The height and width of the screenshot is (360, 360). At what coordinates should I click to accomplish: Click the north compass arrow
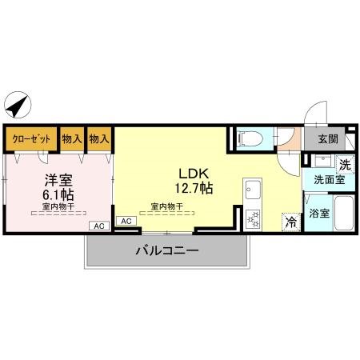(x=17, y=105)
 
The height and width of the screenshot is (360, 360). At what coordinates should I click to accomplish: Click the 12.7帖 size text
(x=194, y=189)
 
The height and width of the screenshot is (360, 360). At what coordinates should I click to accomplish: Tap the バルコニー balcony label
(x=166, y=250)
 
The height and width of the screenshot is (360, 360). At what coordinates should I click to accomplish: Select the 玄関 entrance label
(x=327, y=138)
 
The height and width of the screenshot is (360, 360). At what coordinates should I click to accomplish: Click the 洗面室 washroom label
(x=327, y=180)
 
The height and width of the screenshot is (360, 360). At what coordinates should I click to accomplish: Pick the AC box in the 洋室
(x=99, y=226)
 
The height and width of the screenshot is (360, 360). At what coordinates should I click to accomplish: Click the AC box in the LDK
(x=126, y=220)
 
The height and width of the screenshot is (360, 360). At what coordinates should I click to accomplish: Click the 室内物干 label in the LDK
(x=166, y=206)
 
